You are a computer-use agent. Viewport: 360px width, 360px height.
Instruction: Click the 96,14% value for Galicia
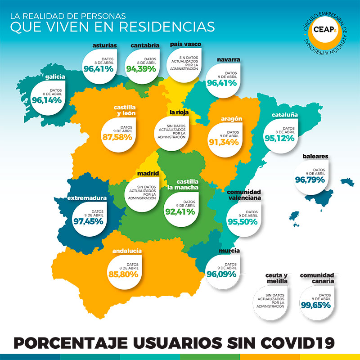click(x=47, y=100)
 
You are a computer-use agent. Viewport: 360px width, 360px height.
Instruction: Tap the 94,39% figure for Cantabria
click(x=141, y=69)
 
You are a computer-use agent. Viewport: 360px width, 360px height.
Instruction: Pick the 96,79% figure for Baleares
click(x=310, y=180)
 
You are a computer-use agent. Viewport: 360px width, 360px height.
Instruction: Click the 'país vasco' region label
click(x=185, y=44)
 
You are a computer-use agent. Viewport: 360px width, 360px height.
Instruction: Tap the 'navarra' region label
click(x=228, y=59)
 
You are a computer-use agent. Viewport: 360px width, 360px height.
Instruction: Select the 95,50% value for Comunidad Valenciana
click(x=242, y=222)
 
